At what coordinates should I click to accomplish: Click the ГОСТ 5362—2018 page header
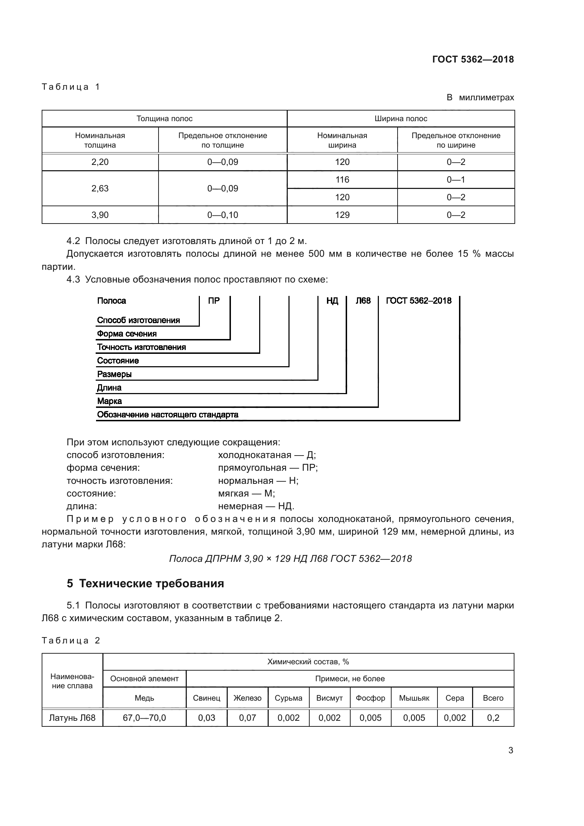(x=472, y=59)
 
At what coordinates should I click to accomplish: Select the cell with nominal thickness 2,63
(x=100, y=189)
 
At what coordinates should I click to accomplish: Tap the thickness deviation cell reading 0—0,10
(x=222, y=215)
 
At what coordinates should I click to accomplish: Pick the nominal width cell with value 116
(x=342, y=179)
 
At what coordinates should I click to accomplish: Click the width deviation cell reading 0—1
(x=455, y=179)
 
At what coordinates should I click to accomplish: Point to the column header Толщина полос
(x=164, y=119)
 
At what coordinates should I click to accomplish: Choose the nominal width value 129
(x=342, y=215)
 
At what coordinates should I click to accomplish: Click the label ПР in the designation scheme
(x=214, y=301)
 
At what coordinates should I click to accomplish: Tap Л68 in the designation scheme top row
(x=363, y=301)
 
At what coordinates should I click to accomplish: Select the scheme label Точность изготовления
(x=141, y=347)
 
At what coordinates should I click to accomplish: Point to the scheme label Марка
(x=109, y=401)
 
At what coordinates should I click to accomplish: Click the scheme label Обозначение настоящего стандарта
(x=168, y=415)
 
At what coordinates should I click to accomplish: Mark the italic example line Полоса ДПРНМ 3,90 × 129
(x=290, y=559)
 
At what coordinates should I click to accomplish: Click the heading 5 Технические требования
(x=145, y=583)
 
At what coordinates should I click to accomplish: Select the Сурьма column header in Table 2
(x=288, y=698)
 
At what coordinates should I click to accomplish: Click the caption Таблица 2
(x=71, y=641)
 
